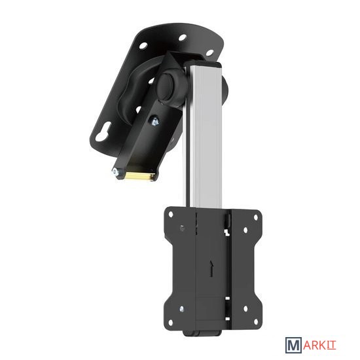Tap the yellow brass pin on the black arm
point(139,176)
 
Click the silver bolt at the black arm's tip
point(116,172)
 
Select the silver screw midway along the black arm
point(154,122)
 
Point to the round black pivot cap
point(167,87)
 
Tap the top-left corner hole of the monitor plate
point(171,215)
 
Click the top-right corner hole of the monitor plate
point(255,218)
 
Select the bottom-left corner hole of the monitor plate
point(170,322)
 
